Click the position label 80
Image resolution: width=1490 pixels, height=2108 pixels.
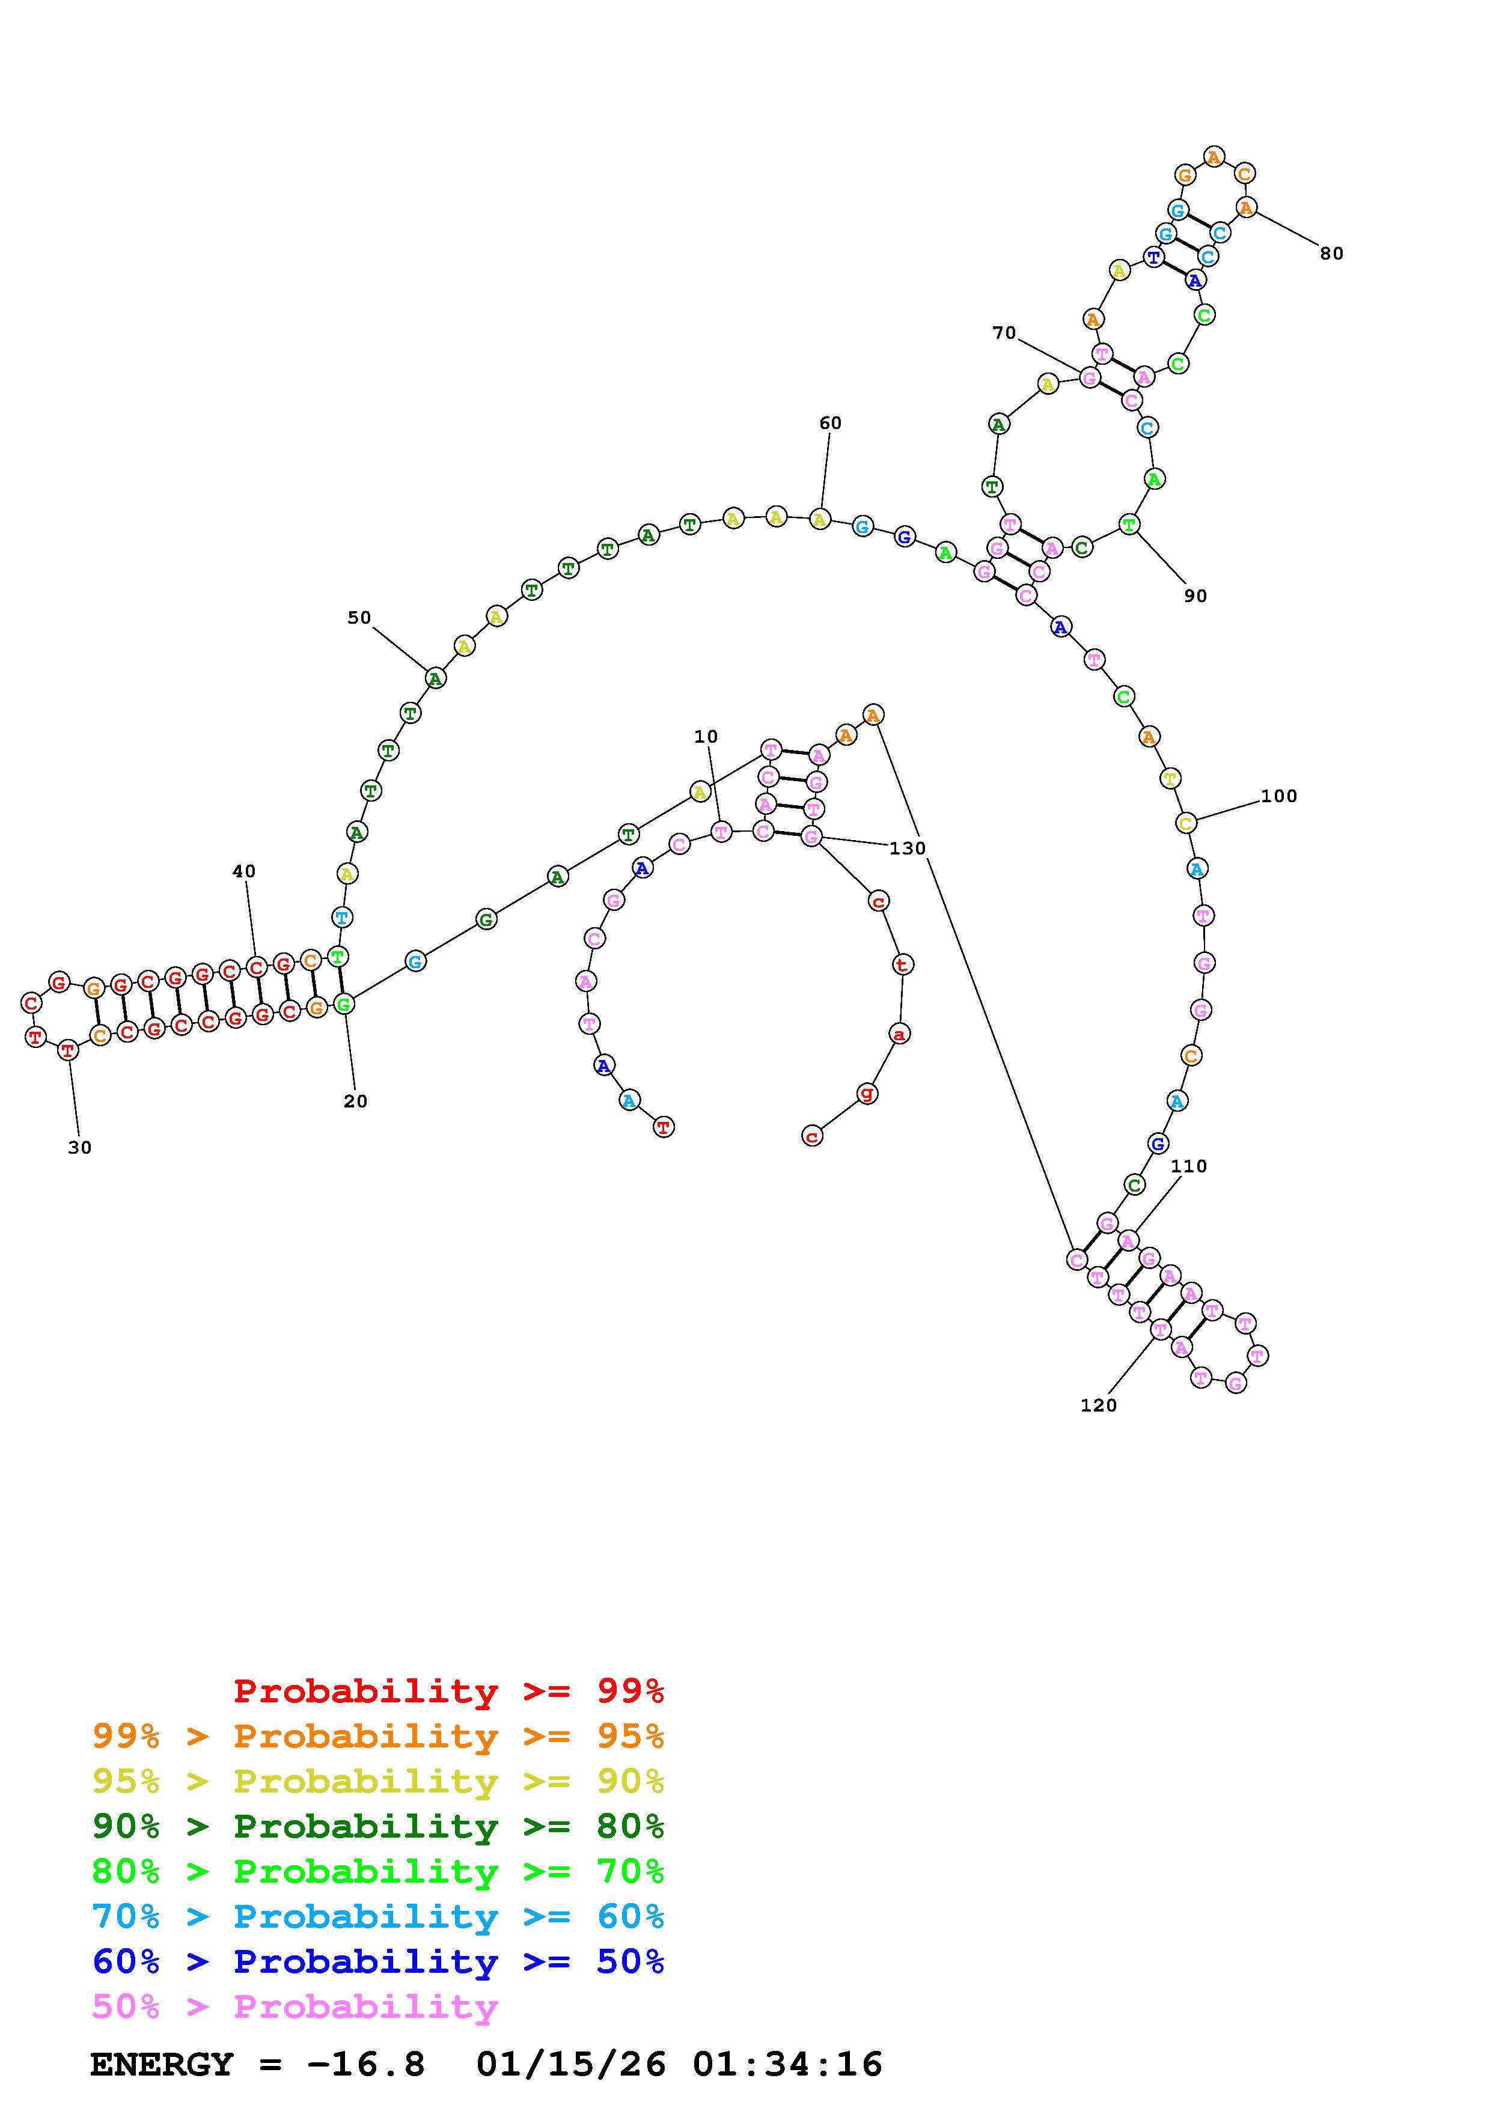(1331, 254)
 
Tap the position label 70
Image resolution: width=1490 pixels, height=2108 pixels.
(1004, 332)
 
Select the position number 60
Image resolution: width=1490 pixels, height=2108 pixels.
(830, 422)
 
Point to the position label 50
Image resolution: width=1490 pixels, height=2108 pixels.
(359, 618)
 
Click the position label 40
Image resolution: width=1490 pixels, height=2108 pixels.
(244, 871)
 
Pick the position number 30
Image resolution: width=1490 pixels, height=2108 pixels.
(80, 1148)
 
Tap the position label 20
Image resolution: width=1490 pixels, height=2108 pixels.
(355, 1101)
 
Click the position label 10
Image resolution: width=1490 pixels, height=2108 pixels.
(706, 736)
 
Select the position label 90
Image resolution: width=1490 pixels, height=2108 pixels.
(1195, 596)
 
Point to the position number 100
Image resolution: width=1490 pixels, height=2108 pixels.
(1279, 796)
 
